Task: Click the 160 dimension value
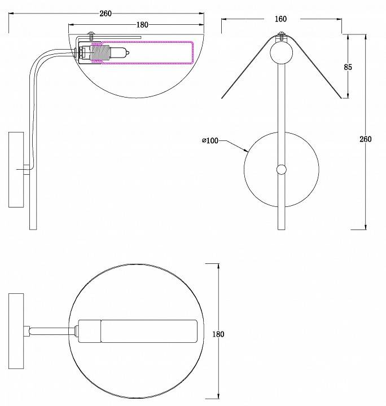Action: (x=280, y=19)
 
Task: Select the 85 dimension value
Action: (x=348, y=67)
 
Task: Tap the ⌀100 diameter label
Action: (x=210, y=140)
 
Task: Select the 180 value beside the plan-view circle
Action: (x=218, y=334)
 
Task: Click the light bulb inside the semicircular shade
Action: (x=120, y=54)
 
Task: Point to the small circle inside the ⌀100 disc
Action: (x=281, y=169)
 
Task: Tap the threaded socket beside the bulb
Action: (x=100, y=55)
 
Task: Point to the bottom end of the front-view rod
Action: (x=281, y=227)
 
